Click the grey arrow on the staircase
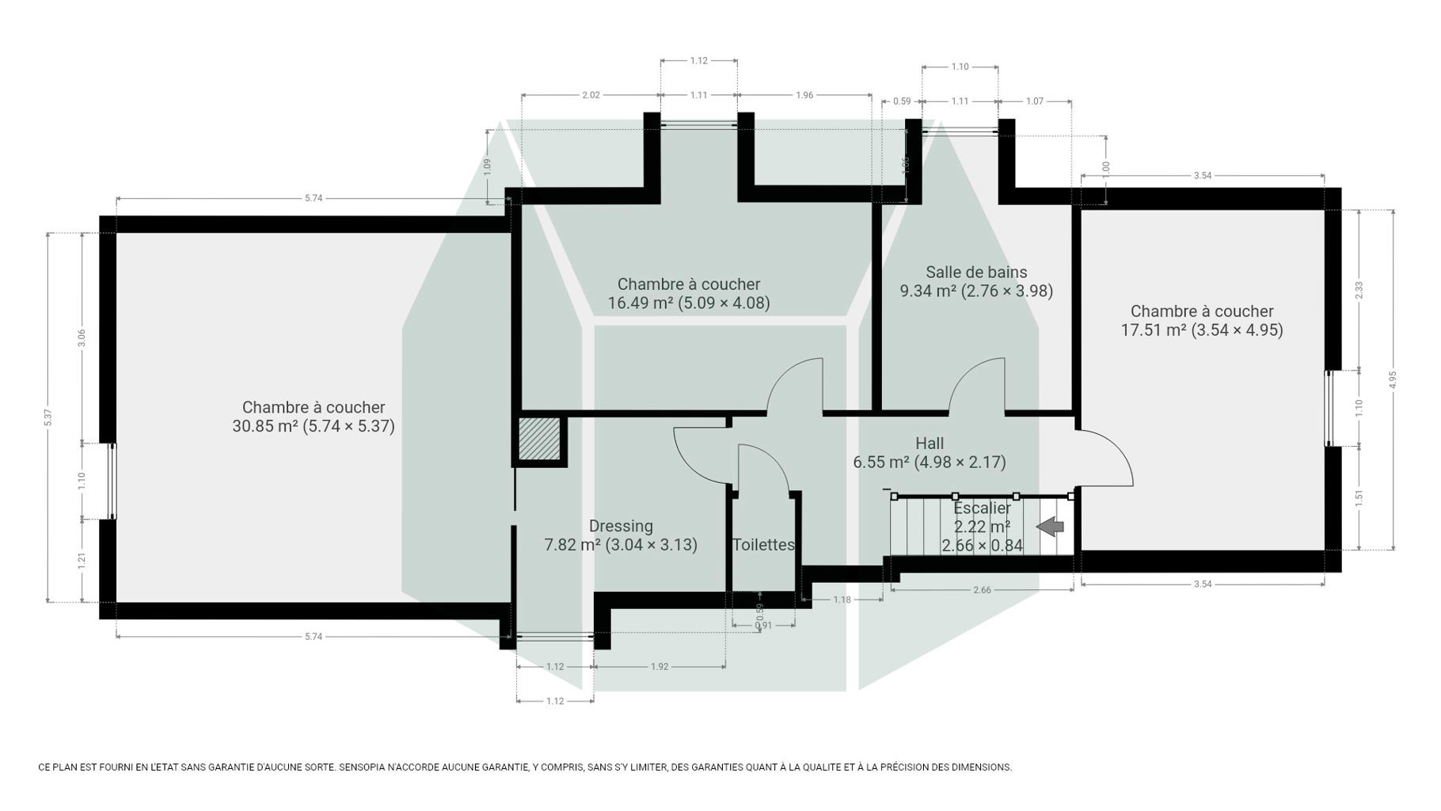pos(1050,526)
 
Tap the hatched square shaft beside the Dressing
pos(539,439)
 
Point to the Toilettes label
pos(763,545)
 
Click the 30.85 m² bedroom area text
pos(314,426)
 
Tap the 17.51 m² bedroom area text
pos(1202,330)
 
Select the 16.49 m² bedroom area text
pos(689,303)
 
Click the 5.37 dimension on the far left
pos(48,417)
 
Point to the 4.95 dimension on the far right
pos(1393,379)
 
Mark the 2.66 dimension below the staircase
pos(982,589)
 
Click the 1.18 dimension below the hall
pos(842,600)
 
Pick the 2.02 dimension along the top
pos(591,95)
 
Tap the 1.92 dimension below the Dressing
pos(660,667)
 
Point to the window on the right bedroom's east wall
pos(1329,409)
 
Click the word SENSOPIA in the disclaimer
pos(368,767)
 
